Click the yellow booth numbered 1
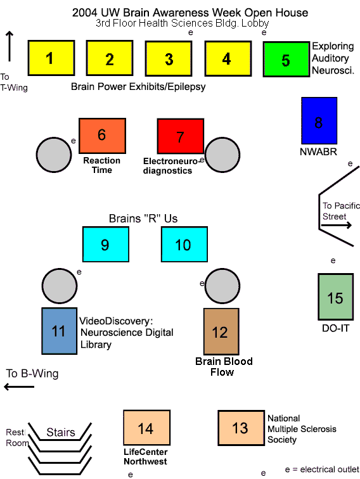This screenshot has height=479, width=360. coord(51,58)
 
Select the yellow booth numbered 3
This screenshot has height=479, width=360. coord(169,58)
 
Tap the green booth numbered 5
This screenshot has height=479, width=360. coord(286,60)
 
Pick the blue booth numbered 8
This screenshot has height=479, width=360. coord(319,120)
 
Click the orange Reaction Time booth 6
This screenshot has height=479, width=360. coord(103,136)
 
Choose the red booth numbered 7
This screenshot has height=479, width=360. coord(181,136)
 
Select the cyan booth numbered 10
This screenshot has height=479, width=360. coord(184,245)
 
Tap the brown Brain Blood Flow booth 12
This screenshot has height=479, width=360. coord(222,331)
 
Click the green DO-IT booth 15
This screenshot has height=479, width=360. coord(336,297)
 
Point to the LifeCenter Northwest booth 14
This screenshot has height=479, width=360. coord(147,428)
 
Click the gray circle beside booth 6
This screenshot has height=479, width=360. coord(54,155)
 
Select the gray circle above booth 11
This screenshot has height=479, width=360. coord(60,286)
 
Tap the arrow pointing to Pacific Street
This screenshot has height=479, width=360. coord(337,226)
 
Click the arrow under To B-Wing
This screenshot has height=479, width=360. coord(19,386)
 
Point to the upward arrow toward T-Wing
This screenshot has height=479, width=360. coord(10,46)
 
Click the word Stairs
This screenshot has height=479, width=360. coord(60,432)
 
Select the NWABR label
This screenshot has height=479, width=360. coord(318,151)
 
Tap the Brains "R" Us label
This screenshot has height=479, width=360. coord(143,219)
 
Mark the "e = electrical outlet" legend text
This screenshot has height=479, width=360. coord(322,469)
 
